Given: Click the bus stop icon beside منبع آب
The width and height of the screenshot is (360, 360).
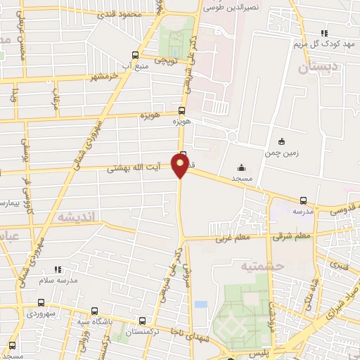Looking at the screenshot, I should (x=136, y=54).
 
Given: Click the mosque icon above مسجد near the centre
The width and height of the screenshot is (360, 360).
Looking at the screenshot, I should (x=242, y=167).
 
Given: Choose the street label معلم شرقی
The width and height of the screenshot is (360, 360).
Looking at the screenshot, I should (x=292, y=236).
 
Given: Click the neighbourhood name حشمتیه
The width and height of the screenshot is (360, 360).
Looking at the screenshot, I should (x=262, y=266).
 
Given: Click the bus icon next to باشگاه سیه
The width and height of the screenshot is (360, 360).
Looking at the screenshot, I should (x=95, y=310).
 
